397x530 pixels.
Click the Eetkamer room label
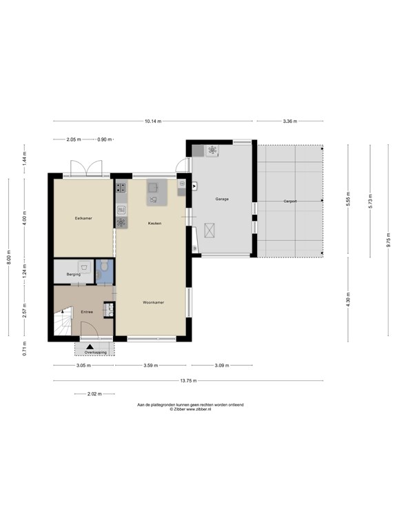(83, 218)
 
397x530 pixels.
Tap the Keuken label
(154, 224)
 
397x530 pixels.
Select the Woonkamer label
(153, 302)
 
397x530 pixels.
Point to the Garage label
(222, 199)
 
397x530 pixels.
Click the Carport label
(290, 201)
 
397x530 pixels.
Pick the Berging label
(74, 275)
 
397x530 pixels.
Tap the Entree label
(87, 312)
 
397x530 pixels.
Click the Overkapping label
(96, 352)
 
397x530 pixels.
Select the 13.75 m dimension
(188, 381)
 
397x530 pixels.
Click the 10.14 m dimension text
(153, 121)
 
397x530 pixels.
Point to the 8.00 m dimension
(9, 257)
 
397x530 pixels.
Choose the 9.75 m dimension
(389, 240)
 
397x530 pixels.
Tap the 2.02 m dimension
(94, 394)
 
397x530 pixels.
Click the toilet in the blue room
(104, 265)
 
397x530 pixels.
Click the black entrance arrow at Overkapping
(90, 346)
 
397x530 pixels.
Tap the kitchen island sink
(153, 186)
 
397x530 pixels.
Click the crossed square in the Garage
(210, 230)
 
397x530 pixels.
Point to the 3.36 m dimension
(290, 121)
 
